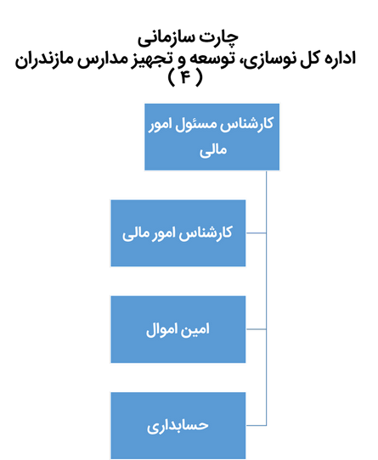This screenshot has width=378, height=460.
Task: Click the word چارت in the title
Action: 221,38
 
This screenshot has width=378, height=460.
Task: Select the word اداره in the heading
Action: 337,58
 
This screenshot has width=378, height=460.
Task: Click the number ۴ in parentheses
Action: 185,77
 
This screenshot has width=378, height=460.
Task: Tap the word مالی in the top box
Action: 213,150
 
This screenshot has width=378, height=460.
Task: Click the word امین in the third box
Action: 195,329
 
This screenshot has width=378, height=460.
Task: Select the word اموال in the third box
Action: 161,329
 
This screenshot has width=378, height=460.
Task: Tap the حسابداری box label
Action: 178,426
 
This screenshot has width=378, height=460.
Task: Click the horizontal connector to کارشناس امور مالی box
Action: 257,233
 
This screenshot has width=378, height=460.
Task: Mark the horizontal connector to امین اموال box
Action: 257,329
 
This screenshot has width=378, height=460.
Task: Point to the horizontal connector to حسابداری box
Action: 257,425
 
